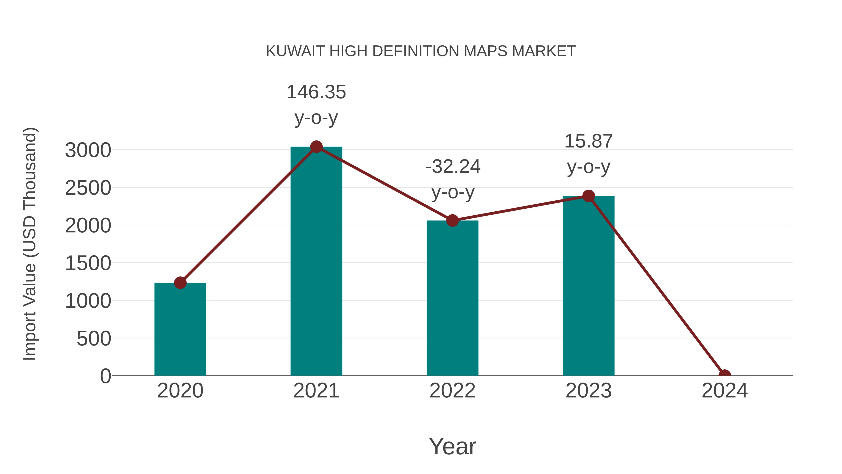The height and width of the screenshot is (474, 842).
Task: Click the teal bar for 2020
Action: (x=180, y=329)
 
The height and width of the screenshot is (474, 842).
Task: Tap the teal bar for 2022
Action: (x=452, y=298)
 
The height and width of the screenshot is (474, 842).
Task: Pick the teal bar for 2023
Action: (x=588, y=286)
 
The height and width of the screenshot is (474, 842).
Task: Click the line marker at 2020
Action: (x=180, y=283)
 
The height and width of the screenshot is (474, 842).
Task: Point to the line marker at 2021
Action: (x=316, y=147)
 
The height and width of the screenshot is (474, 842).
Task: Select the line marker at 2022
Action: (x=452, y=221)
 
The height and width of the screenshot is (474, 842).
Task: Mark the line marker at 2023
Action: (x=588, y=196)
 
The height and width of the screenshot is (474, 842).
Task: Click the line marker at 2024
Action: (x=724, y=375)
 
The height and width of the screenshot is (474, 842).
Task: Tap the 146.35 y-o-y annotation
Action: (x=316, y=104)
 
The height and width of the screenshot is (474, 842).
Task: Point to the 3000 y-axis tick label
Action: (x=88, y=151)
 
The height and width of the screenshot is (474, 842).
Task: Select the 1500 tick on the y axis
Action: (x=88, y=263)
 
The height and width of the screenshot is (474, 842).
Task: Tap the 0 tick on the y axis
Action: (x=105, y=376)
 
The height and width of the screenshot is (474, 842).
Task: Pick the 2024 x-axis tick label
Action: (x=724, y=391)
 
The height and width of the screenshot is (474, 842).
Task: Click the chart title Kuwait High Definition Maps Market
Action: (x=421, y=51)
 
